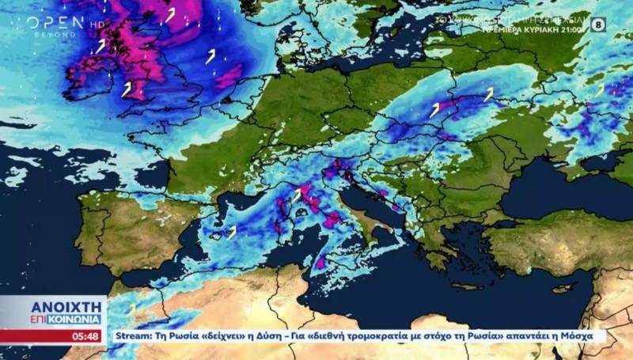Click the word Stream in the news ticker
(x=131, y=336)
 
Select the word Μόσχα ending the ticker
(x=587, y=336)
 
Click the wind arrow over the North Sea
(x=210, y=56)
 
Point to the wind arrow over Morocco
(x=131, y=308)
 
